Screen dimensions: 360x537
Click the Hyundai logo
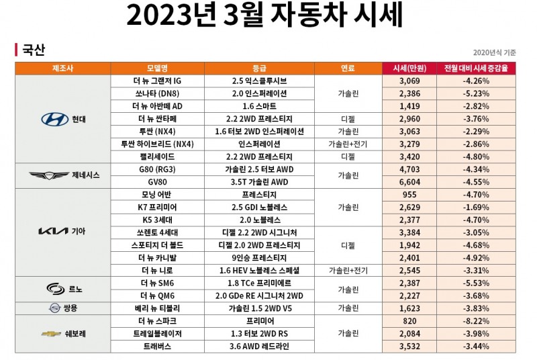click(55, 119)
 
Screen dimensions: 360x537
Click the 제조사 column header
click(62, 69)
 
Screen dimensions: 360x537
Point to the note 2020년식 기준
click(494, 52)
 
